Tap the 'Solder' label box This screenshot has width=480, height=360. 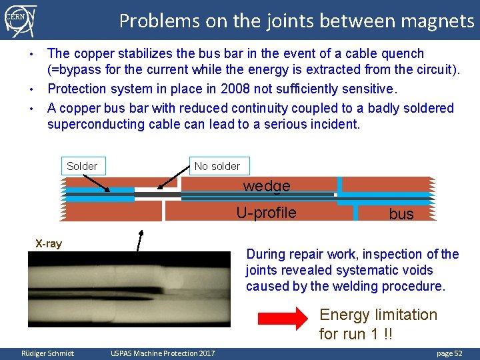coord(82,166)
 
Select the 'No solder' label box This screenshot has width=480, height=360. coord(217,166)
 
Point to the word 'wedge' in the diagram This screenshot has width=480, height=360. coord(267,186)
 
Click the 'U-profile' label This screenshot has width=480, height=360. coord(266,213)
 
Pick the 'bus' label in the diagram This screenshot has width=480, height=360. coord(401,214)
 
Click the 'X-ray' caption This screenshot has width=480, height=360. coord(49,243)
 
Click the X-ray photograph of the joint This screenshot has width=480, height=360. coord(129,289)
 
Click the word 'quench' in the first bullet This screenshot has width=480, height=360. coord(400,53)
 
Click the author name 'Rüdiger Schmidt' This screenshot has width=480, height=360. coord(48,353)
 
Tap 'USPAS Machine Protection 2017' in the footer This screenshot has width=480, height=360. coord(163,353)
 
